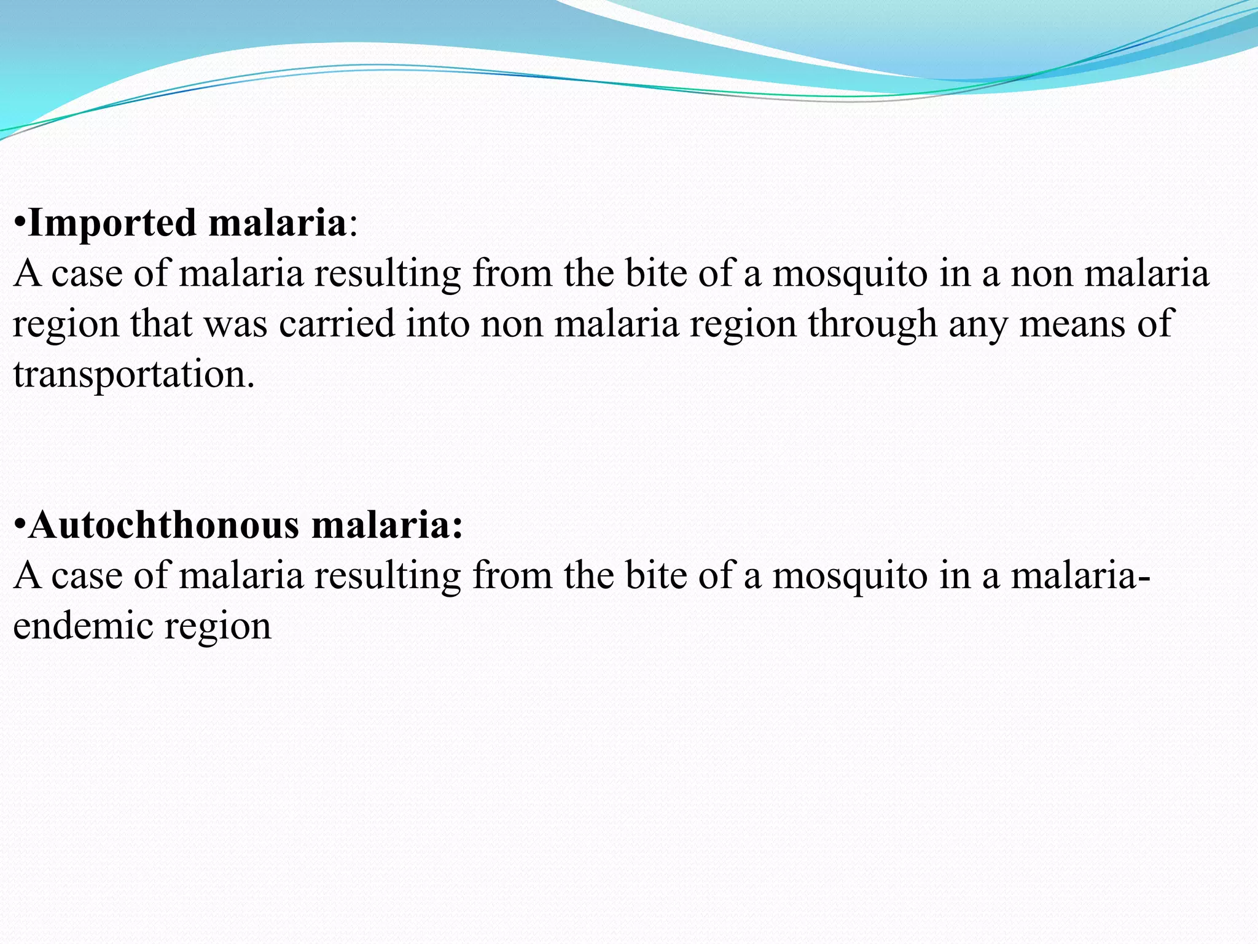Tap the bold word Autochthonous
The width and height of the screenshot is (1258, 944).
coord(163,525)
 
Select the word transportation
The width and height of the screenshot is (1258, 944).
coord(133,374)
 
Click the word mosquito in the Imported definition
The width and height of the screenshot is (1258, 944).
coord(850,273)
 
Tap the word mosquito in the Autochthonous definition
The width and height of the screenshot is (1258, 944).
coord(850,576)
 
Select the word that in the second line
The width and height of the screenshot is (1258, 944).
coord(161,324)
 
